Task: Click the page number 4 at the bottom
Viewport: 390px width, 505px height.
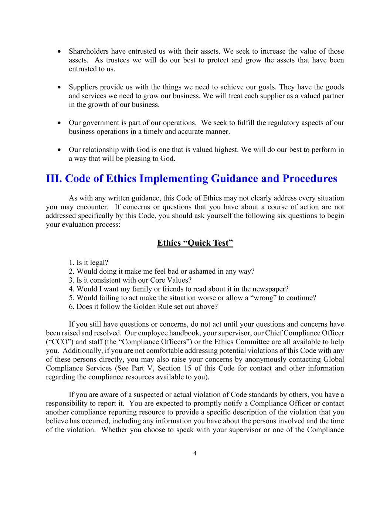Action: (x=195, y=454)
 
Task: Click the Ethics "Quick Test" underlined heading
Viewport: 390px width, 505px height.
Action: (x=195, y=243)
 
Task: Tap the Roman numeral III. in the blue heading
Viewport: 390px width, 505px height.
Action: (x=54, y=179)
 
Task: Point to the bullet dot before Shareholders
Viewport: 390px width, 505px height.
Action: (x=59, y=51)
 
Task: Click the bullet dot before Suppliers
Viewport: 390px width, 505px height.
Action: (x=59, y=87)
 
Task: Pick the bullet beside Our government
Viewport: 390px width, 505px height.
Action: (x=59, y=123)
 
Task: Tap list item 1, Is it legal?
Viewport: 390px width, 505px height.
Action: (x=88, y=263)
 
